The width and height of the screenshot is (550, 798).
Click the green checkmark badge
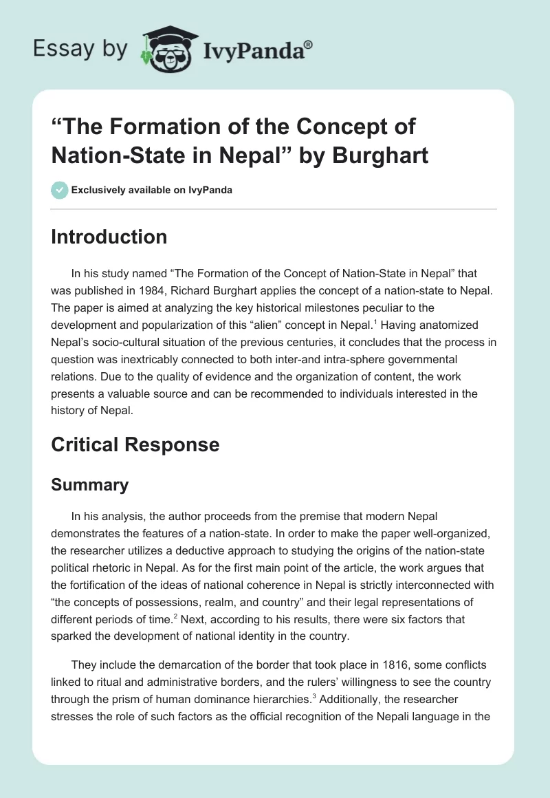tap(59, 189)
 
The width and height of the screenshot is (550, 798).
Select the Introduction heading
tap(109, 237)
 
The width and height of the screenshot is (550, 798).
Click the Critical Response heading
tap(135, 444)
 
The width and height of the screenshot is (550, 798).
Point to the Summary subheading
tap(90, 484)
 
